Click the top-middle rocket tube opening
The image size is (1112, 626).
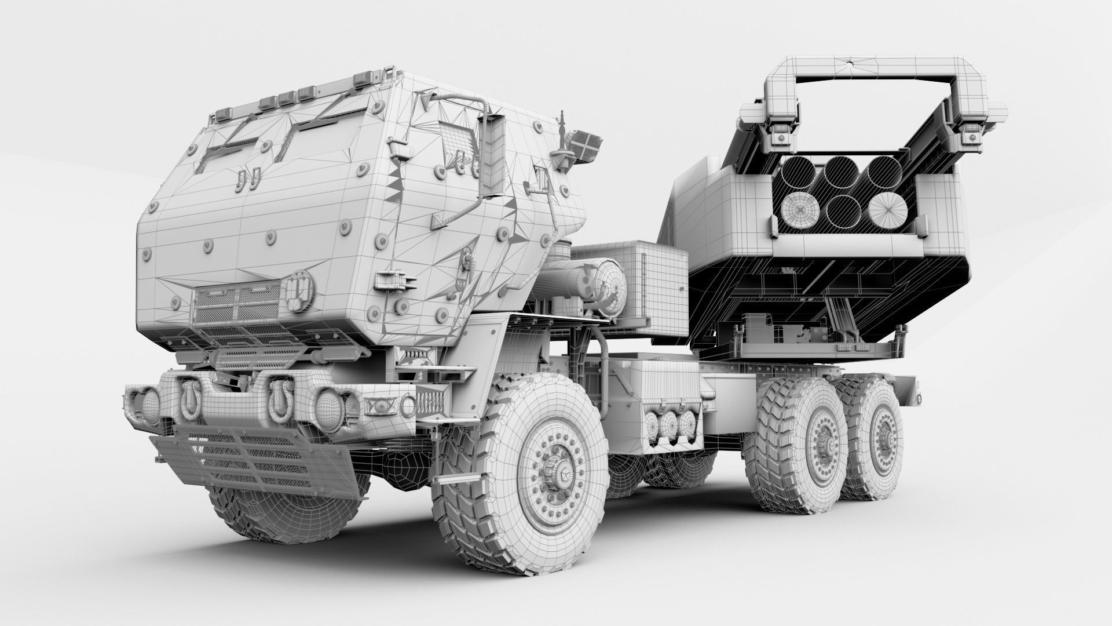coord(841,172)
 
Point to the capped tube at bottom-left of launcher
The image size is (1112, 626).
coord(799,210)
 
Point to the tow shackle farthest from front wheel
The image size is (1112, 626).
coord(189,398)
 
